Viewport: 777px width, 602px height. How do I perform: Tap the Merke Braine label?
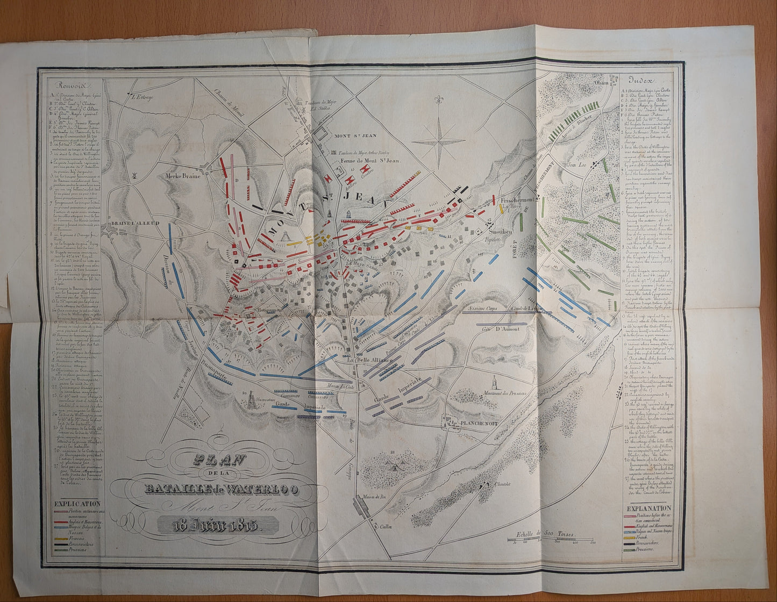click(183, 176)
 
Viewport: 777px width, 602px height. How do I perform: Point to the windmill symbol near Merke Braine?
click(135, 176)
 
